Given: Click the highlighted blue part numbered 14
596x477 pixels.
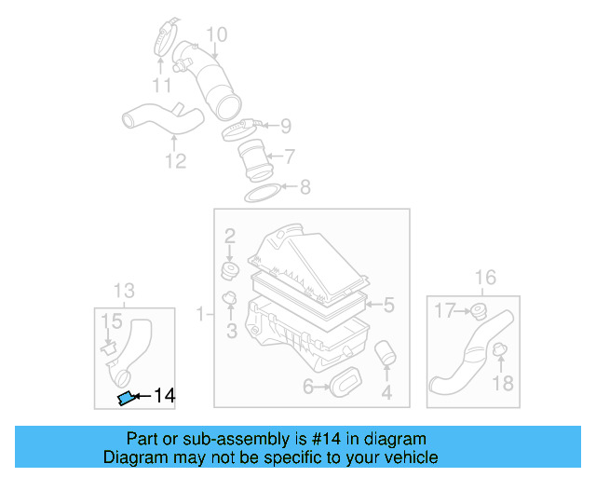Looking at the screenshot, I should coord(125,399).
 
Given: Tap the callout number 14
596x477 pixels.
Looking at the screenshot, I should coord(164,396).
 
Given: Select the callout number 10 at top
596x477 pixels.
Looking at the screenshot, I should coord(216,35).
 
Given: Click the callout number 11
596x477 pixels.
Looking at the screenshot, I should coord(163,87).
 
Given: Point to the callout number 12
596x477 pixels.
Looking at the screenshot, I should coord(176,161).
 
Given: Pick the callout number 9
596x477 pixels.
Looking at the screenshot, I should coord(285,125).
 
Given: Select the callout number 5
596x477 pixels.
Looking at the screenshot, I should coord(389,304).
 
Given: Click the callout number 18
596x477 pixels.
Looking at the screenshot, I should coord(503,384).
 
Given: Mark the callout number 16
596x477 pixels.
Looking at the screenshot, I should coord(485,277).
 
